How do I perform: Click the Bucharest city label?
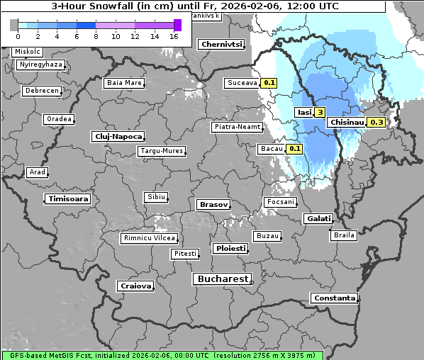pos(222,279)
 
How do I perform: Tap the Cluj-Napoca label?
pos(118,136)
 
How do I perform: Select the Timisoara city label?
pos(68,199)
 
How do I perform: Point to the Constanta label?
pos(334,298)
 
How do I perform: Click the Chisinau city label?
pos(347,123)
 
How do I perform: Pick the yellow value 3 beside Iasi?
pos(320,113)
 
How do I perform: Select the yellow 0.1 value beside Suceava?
pos(269,83)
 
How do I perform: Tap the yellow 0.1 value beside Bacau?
pos(294,149)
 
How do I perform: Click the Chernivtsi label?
pos(221,45)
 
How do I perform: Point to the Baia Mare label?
pos(124,83)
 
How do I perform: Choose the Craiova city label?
pos(135,286)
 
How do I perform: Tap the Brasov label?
pos(213,205)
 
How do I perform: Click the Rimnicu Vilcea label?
pos(149,238)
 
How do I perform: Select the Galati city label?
pos(318,219)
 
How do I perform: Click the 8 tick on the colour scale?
pos(95,36)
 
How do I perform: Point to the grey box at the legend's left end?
pos(14,25)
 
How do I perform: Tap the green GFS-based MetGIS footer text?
pos(162,354)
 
